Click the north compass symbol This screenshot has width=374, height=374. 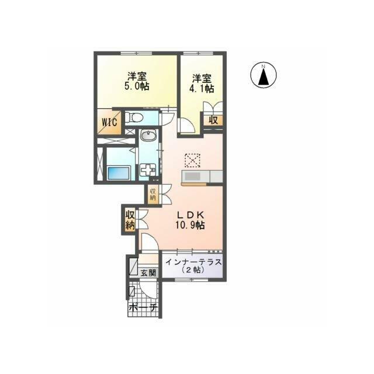(264, 75)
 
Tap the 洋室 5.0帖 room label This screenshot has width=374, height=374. (137, 81)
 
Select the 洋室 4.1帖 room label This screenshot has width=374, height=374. (202, 84)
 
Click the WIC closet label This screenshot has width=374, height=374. (109, 122)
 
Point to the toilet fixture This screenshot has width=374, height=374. (134, 117)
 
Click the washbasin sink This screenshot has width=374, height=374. (148, 136)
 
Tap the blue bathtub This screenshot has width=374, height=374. (119, 174)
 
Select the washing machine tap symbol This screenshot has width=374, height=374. (148, 170)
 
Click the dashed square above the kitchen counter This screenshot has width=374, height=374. (192, 161)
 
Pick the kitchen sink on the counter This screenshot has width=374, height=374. (192, 176)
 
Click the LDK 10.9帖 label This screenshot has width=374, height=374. (190, 220)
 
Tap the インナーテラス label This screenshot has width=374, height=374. (193, 262)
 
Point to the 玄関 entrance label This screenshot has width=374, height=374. (148, 273)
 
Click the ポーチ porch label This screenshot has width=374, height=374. (143, 308)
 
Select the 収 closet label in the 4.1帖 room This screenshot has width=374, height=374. (213, 120)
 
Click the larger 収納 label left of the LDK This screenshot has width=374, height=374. (130, 220)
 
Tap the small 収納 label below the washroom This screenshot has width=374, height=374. (153, 195)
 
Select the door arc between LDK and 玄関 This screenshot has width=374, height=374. (150, 241)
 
